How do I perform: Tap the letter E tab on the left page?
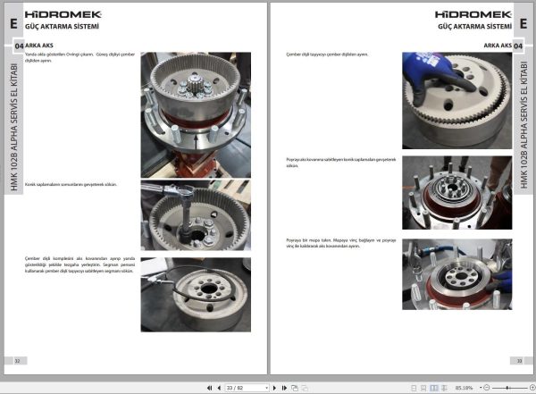pos(13,23)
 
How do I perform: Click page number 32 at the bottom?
pos(18,360)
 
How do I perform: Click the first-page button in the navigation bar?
pos(209,388)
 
